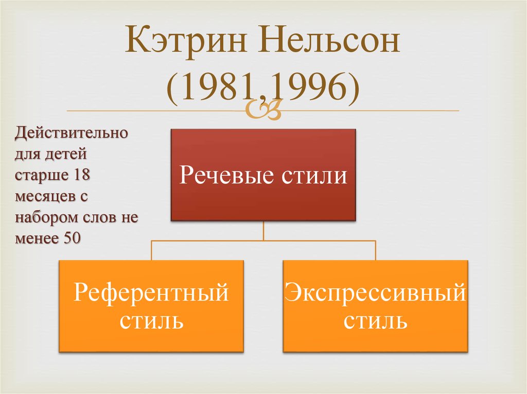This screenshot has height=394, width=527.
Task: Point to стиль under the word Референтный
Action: point(151,321)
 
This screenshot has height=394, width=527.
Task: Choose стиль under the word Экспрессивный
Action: point(375,321)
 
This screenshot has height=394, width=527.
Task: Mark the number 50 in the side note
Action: point(70,238)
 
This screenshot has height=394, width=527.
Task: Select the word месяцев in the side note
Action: point(40,196)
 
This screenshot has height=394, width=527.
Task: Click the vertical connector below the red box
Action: point(263,231)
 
